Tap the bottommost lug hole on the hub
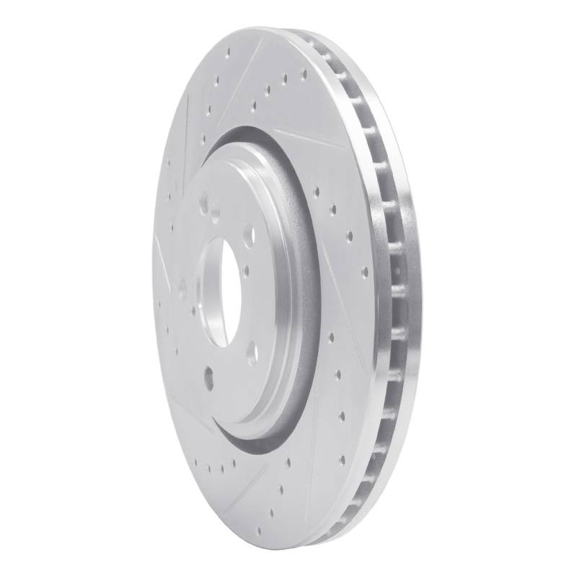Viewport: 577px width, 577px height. [210, 373]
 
